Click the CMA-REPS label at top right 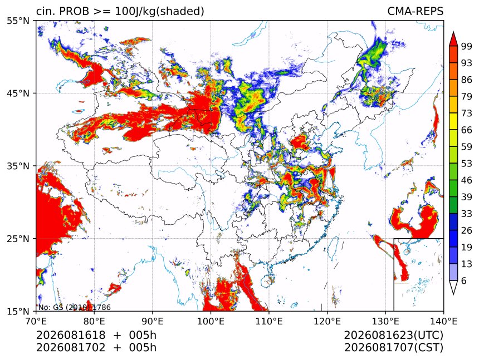coord(415,11)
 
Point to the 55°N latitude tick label coord(18,21)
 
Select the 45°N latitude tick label coord(18,93)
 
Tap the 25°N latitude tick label coord(18,238)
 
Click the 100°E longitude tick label coord(211,321)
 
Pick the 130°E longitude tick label coord(385,321)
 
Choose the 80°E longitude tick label coord(94,321)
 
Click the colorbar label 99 coord(467,46)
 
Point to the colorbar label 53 coord(467,164)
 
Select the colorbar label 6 coord(464,280)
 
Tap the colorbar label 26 coord(467,230)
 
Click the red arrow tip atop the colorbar coord(453,32)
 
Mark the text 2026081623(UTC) coord(393,335)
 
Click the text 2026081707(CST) coord(393,348)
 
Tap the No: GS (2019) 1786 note coord(75,307)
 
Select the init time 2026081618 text coord(71,335)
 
